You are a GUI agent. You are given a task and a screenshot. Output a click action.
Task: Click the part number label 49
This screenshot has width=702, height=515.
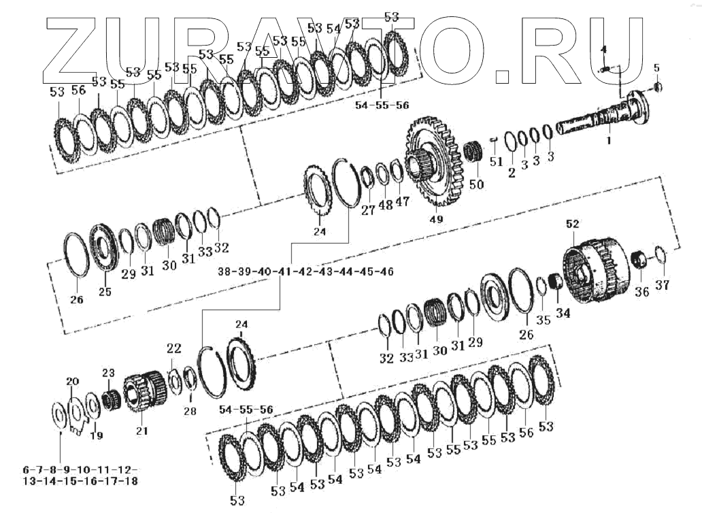pos(436,219)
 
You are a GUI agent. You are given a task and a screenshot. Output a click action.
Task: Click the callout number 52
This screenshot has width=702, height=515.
pos(573,224)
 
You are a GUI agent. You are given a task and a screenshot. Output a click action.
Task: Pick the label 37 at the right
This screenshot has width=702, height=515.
pos(662,285)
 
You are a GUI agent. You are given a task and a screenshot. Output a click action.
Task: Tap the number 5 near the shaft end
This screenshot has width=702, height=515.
pos(657,68)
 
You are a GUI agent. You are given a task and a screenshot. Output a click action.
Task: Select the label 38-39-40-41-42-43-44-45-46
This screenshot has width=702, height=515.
pos(306,272)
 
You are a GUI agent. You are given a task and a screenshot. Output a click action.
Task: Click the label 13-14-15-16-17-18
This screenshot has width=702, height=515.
pos(80,482)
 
